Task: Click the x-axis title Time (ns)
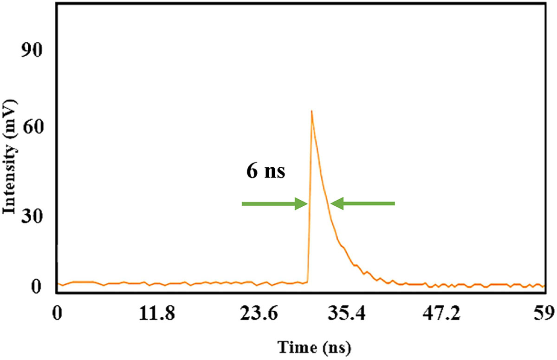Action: [314, 347]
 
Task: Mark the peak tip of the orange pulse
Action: [311, 111]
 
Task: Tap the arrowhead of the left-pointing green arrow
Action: [336, 203]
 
